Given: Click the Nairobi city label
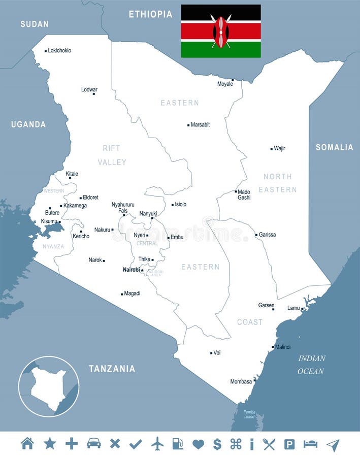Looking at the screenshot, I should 131,270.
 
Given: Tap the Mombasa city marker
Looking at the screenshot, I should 255,378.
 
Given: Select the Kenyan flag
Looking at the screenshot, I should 221,31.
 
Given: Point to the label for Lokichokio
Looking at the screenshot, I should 59,51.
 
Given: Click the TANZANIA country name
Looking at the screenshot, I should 112,369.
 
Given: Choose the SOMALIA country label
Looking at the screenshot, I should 334,147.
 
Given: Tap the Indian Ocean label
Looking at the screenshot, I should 311,365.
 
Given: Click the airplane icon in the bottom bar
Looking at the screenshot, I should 157,444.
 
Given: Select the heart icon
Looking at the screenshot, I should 198,444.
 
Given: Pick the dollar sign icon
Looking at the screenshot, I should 217,444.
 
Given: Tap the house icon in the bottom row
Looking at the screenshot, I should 27,443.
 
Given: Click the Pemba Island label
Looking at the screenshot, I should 249,414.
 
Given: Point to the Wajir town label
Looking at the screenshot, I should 279,149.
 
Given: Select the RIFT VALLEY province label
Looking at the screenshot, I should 112,155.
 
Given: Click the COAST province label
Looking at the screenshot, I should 250,322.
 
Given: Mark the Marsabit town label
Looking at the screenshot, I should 200,124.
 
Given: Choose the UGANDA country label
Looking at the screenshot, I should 28,124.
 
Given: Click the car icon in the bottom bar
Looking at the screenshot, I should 93,444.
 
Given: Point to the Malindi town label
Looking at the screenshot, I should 282,347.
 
